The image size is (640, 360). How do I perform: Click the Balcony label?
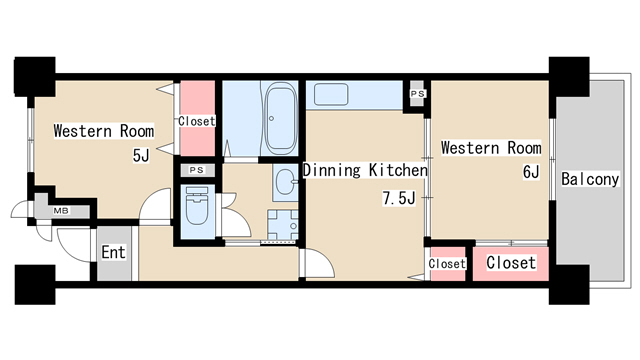coord(590,179)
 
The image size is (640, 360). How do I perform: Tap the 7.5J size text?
coord(399,198)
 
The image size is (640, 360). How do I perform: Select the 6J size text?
coord(531,172)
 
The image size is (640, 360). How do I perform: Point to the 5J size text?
coord(141,155)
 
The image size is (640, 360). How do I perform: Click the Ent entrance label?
coord(113,252)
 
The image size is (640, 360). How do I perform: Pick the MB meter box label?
coord(61,211)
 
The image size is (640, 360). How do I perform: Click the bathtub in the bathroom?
coord(280,117)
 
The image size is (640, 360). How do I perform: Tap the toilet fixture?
coord(197,205)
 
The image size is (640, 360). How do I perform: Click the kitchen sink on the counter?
coord(331,94)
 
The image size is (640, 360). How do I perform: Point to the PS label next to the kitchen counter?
coord(417,93)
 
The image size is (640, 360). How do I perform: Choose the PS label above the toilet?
coord(197,170)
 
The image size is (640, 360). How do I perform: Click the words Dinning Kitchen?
coord(365,170)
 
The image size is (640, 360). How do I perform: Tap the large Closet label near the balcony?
coord(511,263)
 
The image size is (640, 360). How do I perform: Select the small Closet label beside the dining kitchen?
coord(447,264)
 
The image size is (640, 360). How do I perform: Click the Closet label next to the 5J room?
coord(196,121)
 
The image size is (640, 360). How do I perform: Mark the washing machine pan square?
coord(283,224)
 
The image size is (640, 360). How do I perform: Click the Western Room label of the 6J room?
coord(491,148)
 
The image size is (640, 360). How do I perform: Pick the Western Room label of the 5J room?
coord(104,131)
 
